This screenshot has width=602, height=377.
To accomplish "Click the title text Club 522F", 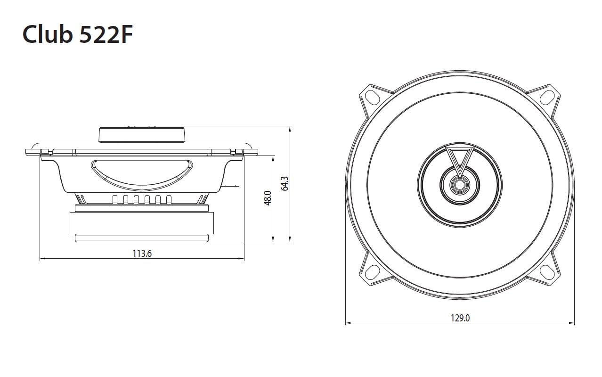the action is pyautogui.click(x=78, y=34).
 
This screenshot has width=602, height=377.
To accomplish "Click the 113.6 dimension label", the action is pyautogui.click(x=142, y=254).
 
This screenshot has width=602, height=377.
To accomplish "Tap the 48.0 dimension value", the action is pyautogui.click(x=268, y=198).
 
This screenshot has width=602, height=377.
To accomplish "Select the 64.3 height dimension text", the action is pyautogui.click(x=285, y=183).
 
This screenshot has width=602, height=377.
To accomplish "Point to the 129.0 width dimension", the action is pyautogui.click(x=460, y=318).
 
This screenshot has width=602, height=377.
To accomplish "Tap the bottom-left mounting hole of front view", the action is pyautogui.click(x=373, y=272).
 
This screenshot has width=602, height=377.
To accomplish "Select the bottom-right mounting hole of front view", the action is pyautogui.click(x=546, y=272).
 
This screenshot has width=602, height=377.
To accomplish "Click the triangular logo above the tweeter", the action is pyautogui.click(x=460, y=160).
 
